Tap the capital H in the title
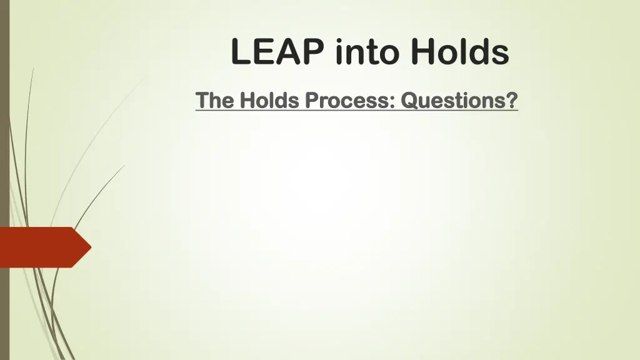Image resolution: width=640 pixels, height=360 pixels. point(424,52)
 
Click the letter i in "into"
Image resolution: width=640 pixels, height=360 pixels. point(339,52)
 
